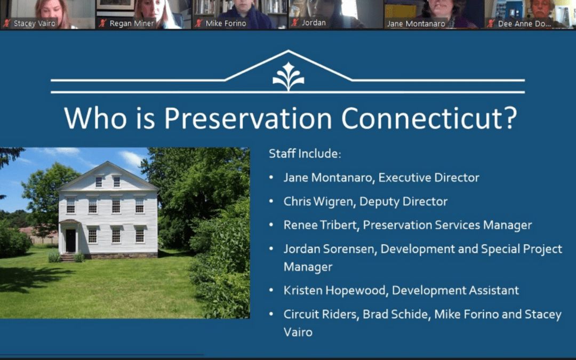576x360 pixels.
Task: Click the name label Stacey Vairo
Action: [x=34, y=23]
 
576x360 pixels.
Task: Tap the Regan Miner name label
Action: [x=132, y=23]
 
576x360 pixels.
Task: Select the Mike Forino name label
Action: [x=226, y=23]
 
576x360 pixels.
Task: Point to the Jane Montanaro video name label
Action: [x=416, y=23]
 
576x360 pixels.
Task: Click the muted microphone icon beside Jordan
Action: [x=295, y=23]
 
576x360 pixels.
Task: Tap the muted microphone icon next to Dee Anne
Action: [x=491, y=23]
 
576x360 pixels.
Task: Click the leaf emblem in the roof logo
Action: [x=289, y=76]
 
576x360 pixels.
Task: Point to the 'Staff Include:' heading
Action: [x=305, y=154]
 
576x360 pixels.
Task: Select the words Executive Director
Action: [x=429, y=178]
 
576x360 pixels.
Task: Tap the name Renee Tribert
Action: [x=321, y=225]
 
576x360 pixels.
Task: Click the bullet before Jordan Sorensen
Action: [x=271, y=249]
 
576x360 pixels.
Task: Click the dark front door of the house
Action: [x=70, y=240]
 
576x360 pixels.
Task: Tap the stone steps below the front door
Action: [x=68, y=257]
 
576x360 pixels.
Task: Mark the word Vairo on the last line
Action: [x=298, y=332]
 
